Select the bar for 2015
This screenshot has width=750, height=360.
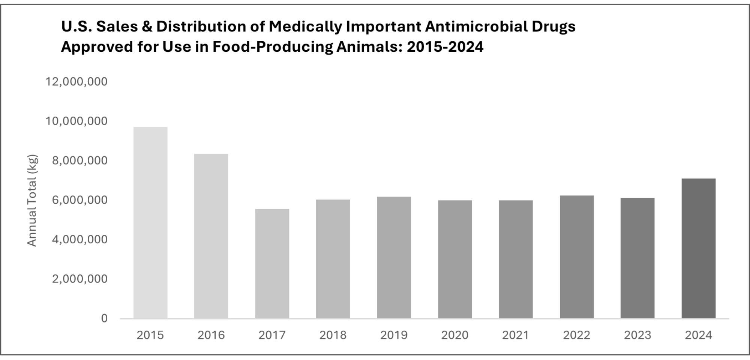click(x=150, y=223)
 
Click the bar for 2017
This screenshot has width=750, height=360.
click(x=272, y=264)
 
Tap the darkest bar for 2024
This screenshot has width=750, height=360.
click(x=698, y=248)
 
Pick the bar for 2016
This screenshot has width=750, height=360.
click(x=211, y=236)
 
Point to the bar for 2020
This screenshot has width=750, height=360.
click(x=455, y=259)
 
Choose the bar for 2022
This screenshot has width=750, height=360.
click(x=577, y=257)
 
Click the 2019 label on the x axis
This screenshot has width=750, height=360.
click(x=394, y=335)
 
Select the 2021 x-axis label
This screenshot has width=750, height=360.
click(x=516, y=335)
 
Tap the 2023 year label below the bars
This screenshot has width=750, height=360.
click(x=637, y=335)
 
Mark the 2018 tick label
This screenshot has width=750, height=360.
click(x=333, y=335)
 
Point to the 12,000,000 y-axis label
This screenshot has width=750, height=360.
click(x=76, y=81)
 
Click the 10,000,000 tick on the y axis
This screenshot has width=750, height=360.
click(x=76, y=121)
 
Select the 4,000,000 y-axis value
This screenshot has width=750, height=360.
click(x=79, y=239)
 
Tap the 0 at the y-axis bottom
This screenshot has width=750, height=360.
click(x=104, y=318)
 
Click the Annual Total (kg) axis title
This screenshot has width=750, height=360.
click(x=32, y=200)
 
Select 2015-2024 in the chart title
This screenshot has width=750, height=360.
click(x=445, y=47)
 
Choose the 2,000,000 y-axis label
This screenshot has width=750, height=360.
click(x=79, y=279)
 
